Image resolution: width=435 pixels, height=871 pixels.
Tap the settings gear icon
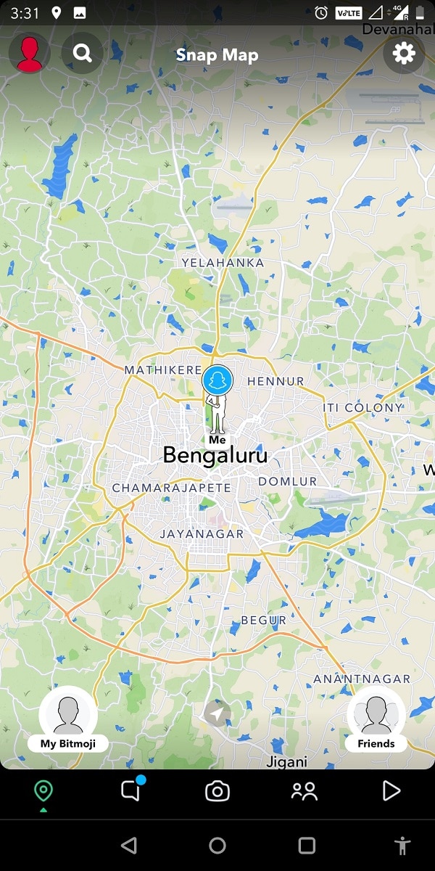tap(404, 53)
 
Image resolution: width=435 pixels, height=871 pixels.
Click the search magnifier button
tap(83, 53)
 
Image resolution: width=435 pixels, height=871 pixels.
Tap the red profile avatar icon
tap(30, 54)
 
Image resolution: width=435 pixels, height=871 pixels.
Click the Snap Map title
tap(217, 55)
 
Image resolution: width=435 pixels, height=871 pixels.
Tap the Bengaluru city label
tap(215, 456)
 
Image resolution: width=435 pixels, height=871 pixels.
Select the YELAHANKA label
tap(223, 263)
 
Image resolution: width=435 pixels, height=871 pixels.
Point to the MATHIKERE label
tap(163, 370)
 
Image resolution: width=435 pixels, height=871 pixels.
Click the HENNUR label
tap(275, 381)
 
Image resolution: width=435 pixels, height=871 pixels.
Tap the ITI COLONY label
tap(363, 408)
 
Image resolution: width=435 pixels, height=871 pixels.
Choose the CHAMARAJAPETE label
tap(171, 488)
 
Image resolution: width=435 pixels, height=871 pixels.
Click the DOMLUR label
tap(288, 481)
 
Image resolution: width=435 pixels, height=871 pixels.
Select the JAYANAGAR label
tap(202, 533)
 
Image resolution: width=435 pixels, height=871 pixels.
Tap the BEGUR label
tap(263, 621)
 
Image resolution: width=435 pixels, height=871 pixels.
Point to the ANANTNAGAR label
tap(362, 679)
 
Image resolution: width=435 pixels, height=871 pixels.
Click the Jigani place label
tap(287, 762)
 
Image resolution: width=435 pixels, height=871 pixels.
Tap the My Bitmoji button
tap(68, 719)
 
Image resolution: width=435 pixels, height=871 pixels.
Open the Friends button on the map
tap(376, 719)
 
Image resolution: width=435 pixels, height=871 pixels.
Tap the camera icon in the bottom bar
tap(217, 791)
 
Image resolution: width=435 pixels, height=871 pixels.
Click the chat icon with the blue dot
tap(130, 791)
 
